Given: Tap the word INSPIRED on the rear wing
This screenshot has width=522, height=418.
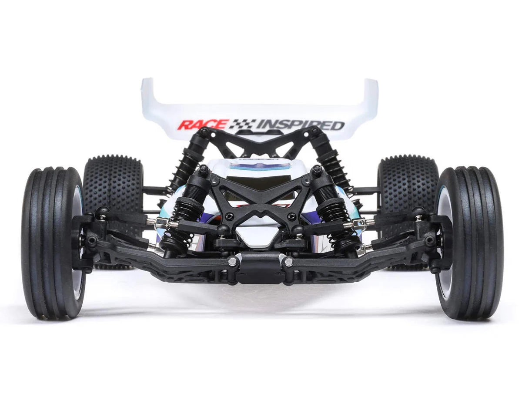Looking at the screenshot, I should click(x=300, y=125).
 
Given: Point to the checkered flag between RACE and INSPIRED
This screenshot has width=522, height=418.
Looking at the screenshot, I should click(x=242, y=125).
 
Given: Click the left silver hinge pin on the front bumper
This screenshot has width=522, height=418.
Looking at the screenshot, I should click(x=233, y=261).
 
